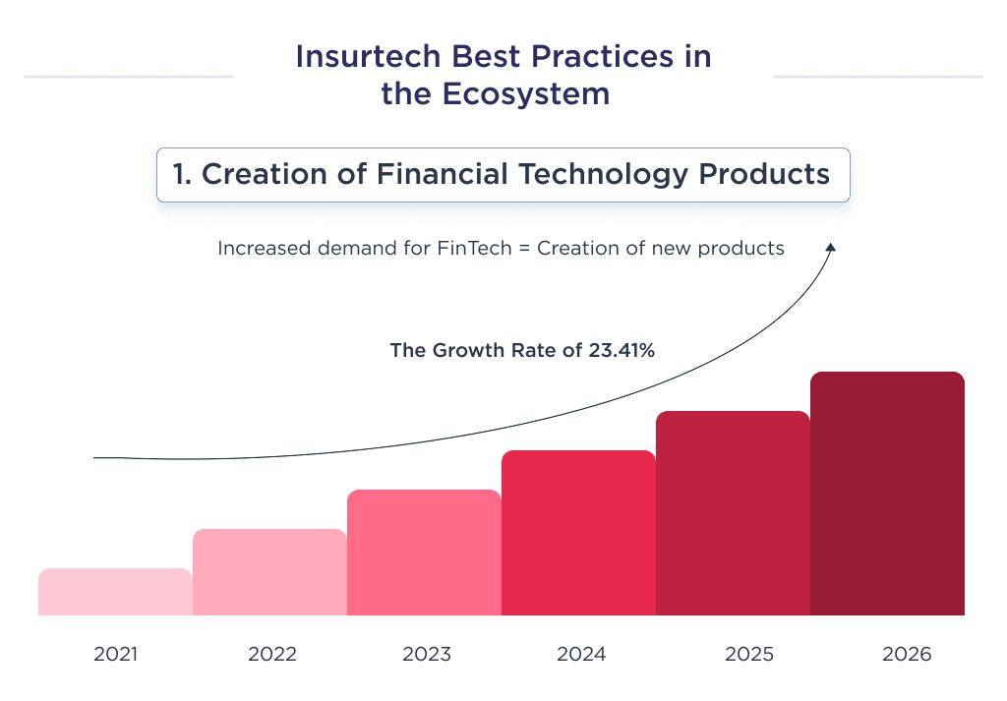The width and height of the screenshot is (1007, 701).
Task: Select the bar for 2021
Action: click(x=115, y=592)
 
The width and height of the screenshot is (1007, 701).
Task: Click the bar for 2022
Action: click(x=269, y=572)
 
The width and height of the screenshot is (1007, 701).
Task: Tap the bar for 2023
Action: click(x=424, y=553)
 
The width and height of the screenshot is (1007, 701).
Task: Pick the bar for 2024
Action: click(x=578, y=533)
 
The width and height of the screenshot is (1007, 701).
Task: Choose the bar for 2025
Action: click(x=733, y=513)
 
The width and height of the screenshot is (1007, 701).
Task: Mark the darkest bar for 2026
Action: click(x=887, y=494)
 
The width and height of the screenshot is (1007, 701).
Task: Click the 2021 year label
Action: click(x=116, y=654)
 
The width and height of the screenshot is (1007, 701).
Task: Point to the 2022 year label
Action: click(x=271, y=654)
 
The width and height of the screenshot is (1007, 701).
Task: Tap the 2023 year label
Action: click(x=426, y=654)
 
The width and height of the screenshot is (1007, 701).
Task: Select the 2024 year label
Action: click(x=580, y=654)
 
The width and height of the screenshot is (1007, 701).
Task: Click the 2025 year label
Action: click(x=749, y=654)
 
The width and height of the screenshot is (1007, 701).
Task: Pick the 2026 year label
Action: click(x=906, y=654)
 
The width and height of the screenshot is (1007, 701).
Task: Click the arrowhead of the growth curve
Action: click(x=831, y=249)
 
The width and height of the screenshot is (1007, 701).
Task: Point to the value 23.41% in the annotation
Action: click(x=621, y=349)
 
